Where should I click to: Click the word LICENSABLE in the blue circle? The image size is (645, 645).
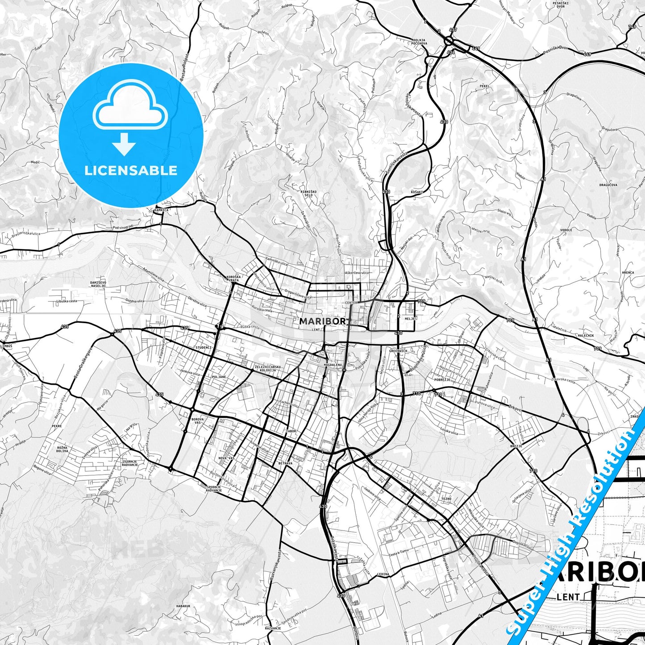point(131,170)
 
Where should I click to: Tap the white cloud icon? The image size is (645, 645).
point(130,109)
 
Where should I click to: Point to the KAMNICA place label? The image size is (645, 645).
point(161,209)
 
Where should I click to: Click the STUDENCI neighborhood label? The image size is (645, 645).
point(203,347)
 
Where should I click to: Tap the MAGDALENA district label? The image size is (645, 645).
point(333,365)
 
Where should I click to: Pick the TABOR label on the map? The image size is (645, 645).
point(291,431)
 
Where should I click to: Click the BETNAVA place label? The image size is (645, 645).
point(285,463)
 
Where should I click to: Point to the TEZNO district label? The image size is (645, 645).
point(446,499)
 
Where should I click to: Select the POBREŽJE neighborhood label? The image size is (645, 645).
point(441,379)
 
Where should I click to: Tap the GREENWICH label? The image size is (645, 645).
point(398,351)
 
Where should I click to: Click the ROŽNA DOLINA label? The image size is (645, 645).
point(62,449)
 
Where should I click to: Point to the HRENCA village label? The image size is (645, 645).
point(627,272)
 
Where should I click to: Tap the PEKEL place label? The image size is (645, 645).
point(485,86)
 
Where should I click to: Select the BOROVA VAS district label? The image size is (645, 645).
point(197,421)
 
